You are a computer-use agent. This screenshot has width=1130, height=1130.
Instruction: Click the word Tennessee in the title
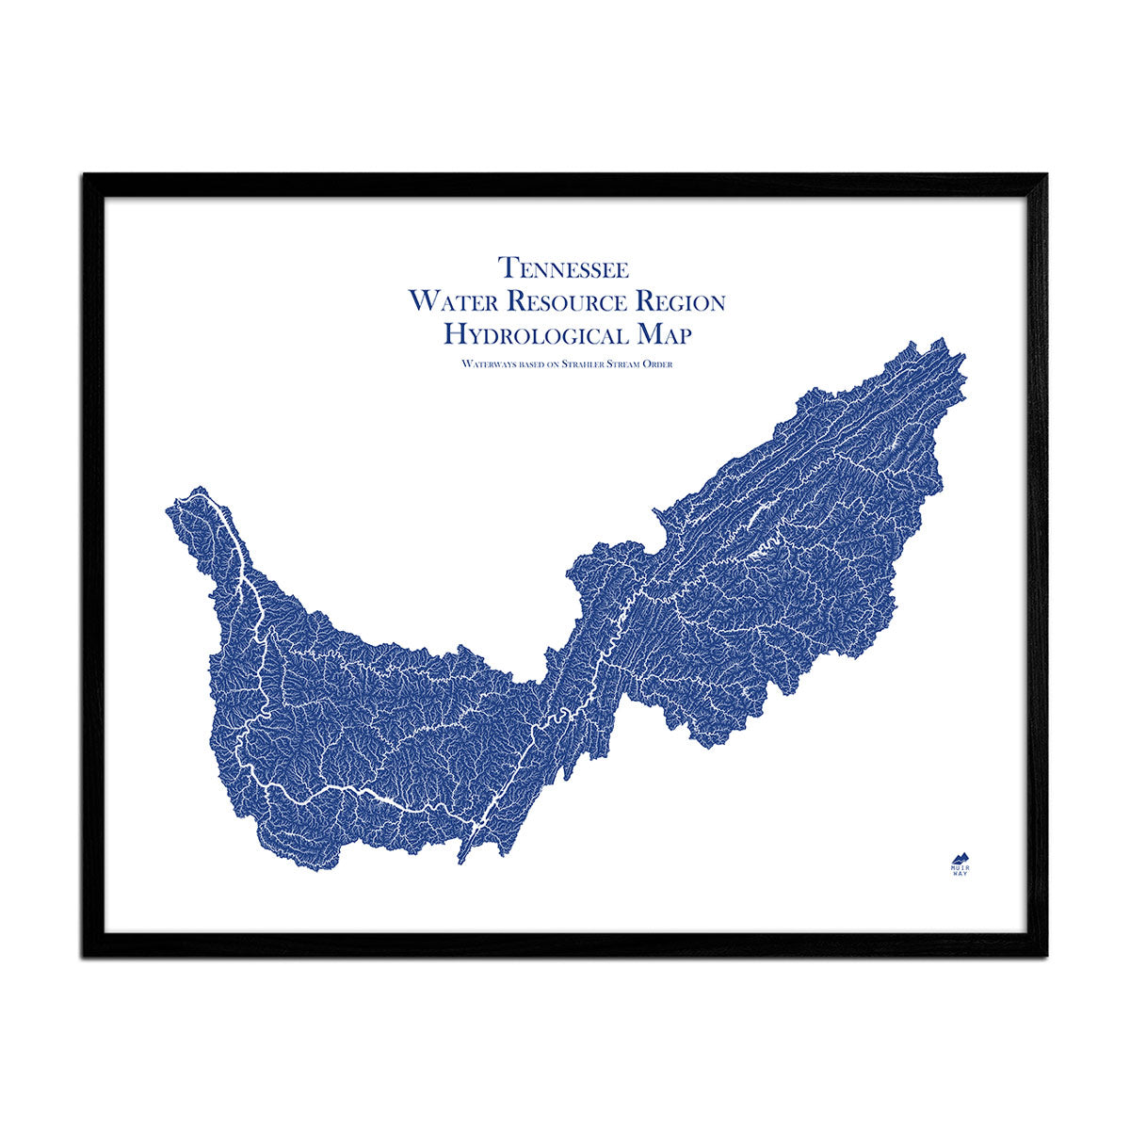(x=564, y=267)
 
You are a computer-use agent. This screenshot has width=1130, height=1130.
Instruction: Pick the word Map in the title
(x=664, y=333)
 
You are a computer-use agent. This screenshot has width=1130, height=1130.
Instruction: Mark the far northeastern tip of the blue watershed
(x=962, y=359)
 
